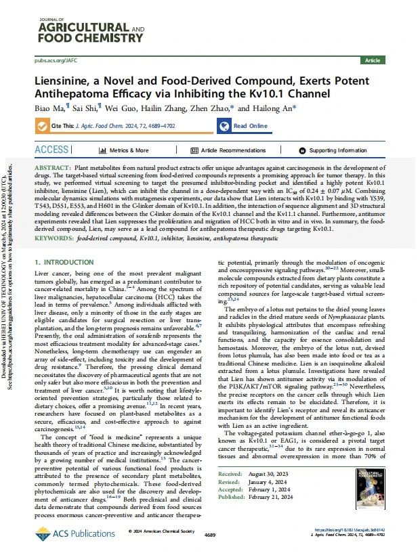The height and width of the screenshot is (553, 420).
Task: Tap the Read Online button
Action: pyautogui.click(x=250, y=126)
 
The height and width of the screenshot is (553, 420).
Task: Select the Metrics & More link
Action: pyautogui.click(x=129, y=150)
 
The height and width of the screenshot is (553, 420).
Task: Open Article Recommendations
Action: pyautogui.click(x=233, y=150)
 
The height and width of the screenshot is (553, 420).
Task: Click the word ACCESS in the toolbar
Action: pyautogui.click(x=51, y=150)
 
